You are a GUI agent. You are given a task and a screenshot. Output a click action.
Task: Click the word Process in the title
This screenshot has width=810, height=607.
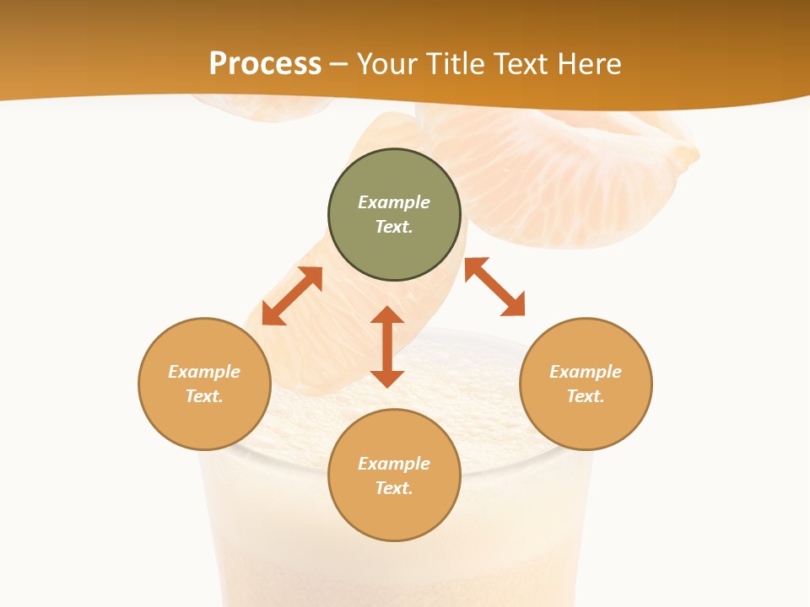pyautogui.click(x=265, y=63)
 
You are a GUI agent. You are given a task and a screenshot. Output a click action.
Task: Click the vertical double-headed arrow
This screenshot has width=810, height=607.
pyautogui.click(x=387, y=346)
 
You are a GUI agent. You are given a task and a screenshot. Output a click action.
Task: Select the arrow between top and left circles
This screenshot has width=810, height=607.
pyautogui.click(x=292, y=296)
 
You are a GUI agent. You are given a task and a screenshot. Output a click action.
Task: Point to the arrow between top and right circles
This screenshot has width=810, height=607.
pyautogui.click(x=494, y=287)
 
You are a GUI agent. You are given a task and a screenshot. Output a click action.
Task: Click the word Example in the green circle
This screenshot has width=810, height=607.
pyautogui.click(x=394, y=202)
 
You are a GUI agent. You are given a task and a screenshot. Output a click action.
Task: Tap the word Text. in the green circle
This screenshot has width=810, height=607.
pyautogui.click(x=394, y=227)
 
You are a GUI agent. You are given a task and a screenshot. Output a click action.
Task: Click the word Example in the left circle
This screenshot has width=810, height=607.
pyautogui.click(x=204, y=372)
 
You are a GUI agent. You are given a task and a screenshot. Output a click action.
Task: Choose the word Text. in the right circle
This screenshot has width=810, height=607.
pyautogui.click(x=586, y=396)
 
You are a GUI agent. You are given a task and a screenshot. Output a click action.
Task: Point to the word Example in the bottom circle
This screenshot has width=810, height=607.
pyautogui.click(x=394, y=464)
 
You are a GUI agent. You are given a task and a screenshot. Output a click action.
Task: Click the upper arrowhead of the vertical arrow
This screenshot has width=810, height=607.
pyautogui.click(x=387, y=314)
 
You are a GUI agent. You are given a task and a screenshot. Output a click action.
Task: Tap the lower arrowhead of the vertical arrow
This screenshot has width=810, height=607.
pyautogui.click(x=387, y=379)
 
